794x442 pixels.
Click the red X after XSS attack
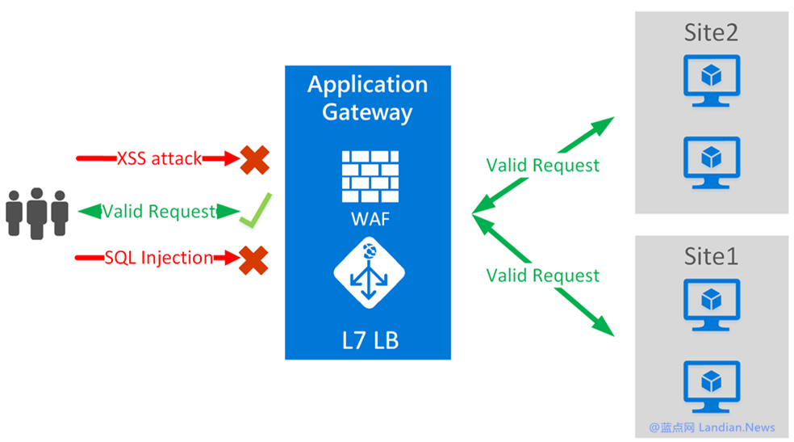255,159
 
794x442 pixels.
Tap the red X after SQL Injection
253,259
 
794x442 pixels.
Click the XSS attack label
159,159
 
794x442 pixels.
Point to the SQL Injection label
158,259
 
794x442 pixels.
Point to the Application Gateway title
367,97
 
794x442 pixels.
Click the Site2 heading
710,34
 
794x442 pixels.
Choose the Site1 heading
710,258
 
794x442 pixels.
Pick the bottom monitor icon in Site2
711,160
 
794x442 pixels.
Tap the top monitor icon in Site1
711,304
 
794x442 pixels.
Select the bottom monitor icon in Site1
711,385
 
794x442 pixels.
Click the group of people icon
37,212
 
